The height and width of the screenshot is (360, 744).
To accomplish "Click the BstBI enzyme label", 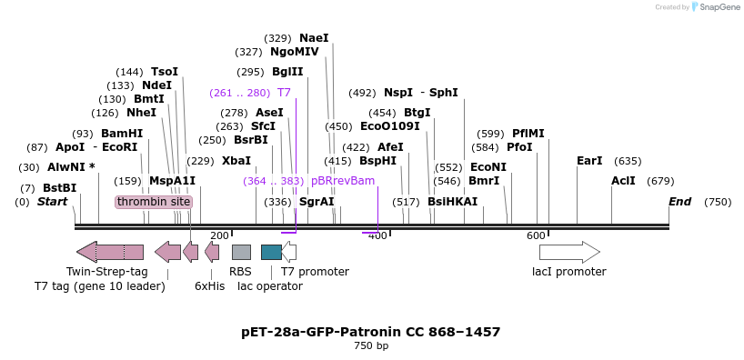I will (59, 187).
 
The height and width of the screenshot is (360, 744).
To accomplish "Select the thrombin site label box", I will (154, 201).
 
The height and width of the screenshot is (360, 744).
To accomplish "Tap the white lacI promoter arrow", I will (569, 252).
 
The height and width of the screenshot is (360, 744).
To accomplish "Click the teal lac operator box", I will (271, 252).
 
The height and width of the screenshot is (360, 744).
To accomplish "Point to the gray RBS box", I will (241, 252).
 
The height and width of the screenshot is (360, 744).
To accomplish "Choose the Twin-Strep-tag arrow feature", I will (110, 252).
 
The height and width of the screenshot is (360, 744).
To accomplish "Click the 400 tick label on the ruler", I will (377, 235).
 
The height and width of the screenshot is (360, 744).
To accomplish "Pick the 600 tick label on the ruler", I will (536, 235).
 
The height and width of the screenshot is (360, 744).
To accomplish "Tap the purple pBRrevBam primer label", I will (343, 181).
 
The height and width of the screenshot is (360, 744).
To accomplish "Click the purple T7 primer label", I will (284, 93).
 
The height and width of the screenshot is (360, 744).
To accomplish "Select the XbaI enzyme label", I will (236, 160).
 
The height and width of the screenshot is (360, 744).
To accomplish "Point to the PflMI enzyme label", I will (528, 133).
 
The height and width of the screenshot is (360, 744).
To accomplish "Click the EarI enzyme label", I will (589, 160).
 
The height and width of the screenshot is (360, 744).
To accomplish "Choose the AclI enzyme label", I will (623, 181).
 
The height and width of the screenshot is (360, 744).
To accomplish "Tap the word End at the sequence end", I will (680, 201).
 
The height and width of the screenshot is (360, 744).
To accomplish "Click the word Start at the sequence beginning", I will (52, 201).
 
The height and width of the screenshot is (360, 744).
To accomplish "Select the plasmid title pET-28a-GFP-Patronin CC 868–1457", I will (371, 332).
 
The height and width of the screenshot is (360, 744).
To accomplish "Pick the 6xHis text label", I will (209, 285).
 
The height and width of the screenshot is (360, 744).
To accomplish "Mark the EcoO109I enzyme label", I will (390, 126).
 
